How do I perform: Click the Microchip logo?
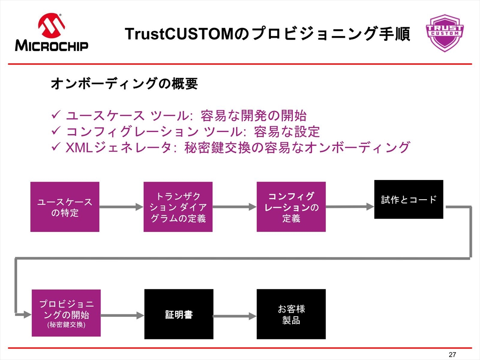click(52, 32)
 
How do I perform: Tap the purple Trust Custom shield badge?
click(445, 33)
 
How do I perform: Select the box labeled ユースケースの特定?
click(65, 207)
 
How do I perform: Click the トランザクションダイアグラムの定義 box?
click(178, 207)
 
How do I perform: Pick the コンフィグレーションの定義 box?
click(291, 207)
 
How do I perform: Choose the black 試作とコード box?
click(409, 199)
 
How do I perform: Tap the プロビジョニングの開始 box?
click(66, 313)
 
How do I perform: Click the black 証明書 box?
click(179, 314)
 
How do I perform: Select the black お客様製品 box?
click(291, 314)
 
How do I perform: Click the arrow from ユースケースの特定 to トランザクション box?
click(121, 207)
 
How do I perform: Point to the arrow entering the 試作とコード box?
click(350, 206)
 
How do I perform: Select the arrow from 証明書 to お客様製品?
click(235, 316)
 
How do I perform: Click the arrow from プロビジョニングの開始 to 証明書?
click(122, 315)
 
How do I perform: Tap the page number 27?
click(452, 354)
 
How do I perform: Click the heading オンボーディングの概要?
click(124, 83)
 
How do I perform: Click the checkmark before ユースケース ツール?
click(56, 114)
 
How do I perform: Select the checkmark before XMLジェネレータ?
click(56, 146)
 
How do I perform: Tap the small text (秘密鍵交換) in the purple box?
click(66, 325)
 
